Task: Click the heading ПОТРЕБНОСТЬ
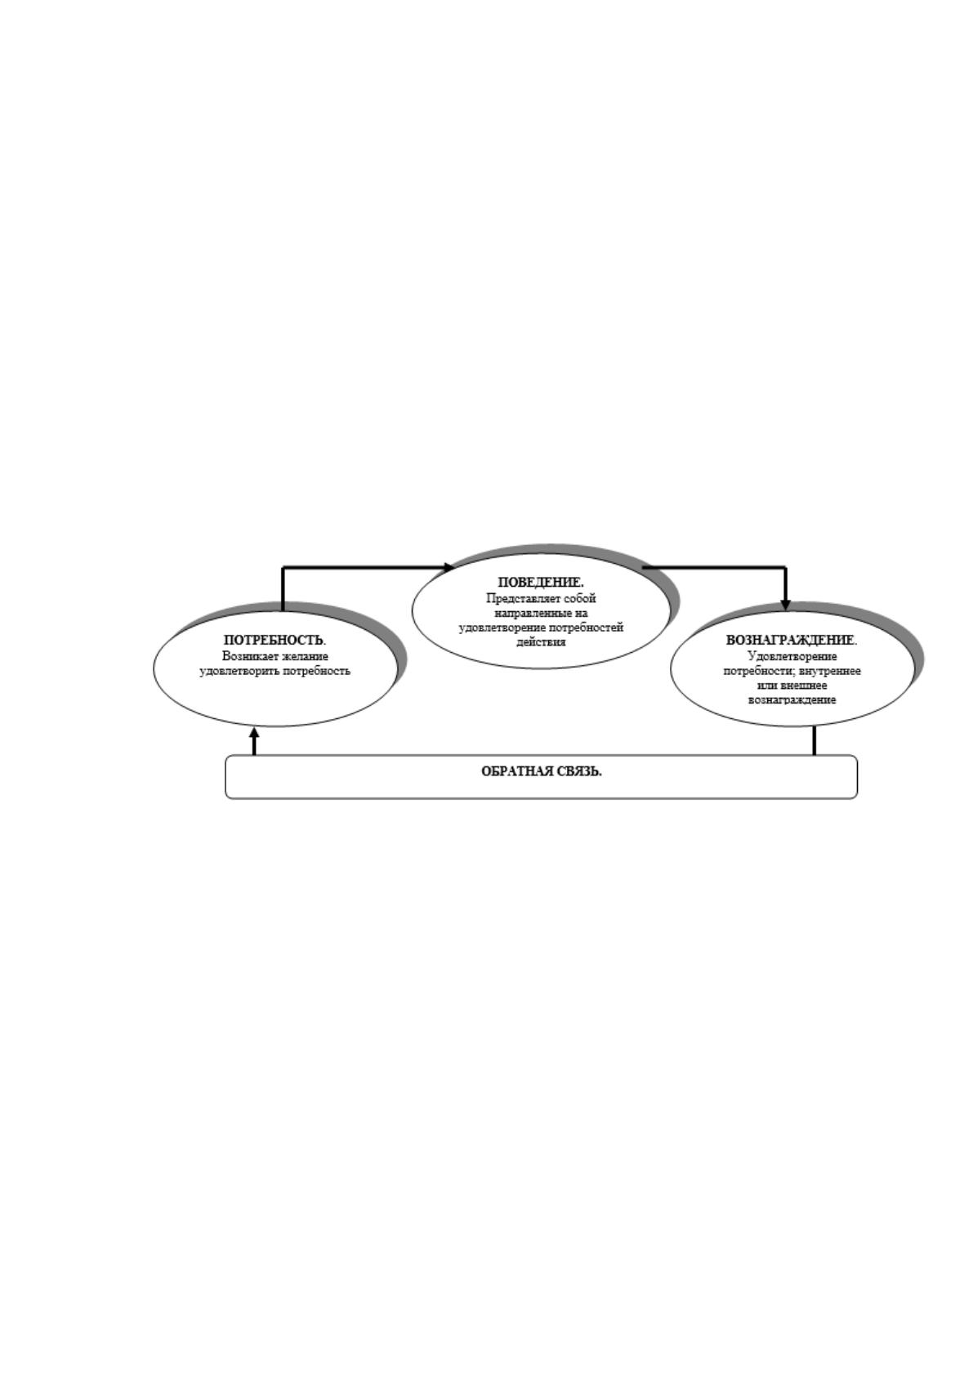[x=274, y=641]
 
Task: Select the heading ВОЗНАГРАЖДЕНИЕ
[x=792, y=640]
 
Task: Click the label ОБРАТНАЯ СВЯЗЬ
[x=541, y=771]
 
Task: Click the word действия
[x=541, y=642]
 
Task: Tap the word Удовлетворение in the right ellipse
[x=792, y=656]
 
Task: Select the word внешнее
[x=803, y=686]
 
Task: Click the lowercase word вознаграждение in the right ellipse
[x=792, y=700]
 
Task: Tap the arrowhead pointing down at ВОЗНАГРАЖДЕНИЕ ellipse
[x=786, y=605]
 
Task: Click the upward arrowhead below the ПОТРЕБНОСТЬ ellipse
[x=254, y=732]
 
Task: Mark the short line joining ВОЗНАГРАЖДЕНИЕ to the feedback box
[x=815, y=741]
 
